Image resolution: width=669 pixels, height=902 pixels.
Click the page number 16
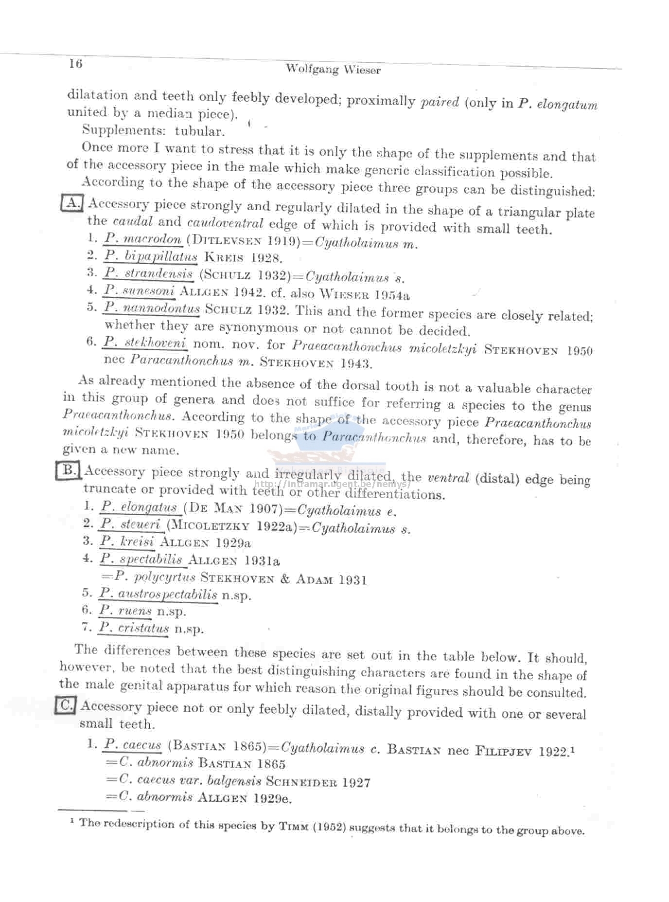coord(76,64)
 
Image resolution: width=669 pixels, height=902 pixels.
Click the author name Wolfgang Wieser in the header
coord(333,69)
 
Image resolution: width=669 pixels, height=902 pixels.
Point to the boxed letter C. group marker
coord(65,705)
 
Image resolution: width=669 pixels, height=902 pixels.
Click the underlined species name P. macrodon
coord(143,239)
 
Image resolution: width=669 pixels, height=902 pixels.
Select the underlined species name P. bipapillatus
coord(151,256)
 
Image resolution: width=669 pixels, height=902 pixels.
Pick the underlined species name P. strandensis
coord(148,273)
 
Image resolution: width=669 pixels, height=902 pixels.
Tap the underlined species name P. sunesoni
coord(140,290)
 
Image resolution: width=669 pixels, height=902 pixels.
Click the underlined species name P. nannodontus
coord(152,308)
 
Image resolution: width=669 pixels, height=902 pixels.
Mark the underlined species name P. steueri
coord(130,524)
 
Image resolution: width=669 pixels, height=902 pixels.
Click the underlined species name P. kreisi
coord(127,541)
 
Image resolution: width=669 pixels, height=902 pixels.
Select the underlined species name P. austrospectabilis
coord(158,594)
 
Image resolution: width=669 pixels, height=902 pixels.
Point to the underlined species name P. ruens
coord(125,611)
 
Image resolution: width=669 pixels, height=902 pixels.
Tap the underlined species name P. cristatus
coord(134,628)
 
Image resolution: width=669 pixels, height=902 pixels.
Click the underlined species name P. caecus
coord(133,745)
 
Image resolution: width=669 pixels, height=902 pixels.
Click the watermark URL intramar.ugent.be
coord(333,485)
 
